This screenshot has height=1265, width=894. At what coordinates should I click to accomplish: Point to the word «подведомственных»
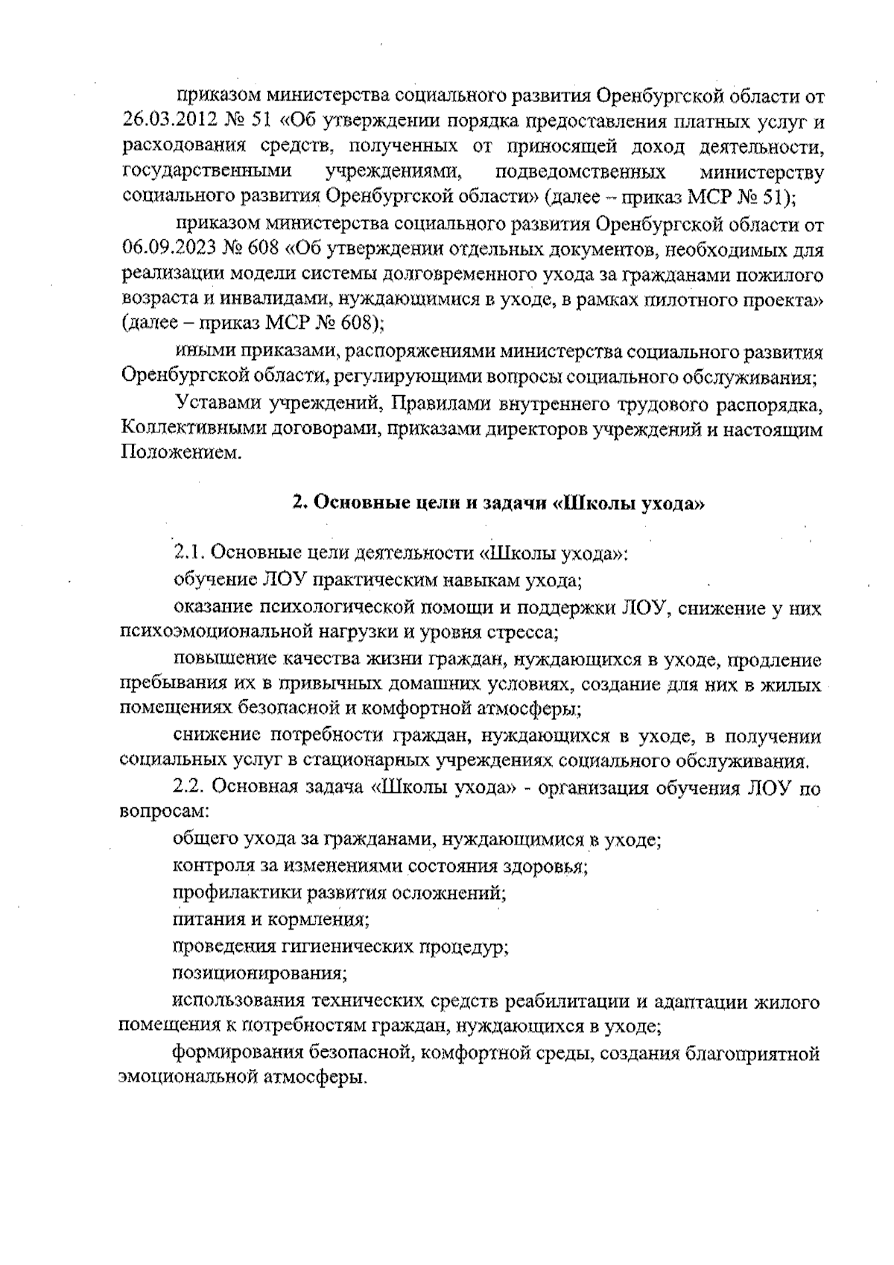click(x=580, y=172)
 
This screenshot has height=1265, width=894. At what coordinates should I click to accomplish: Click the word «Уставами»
click(x=217, y=403)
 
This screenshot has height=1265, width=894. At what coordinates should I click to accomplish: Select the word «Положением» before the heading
click(x=180, y=454)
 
